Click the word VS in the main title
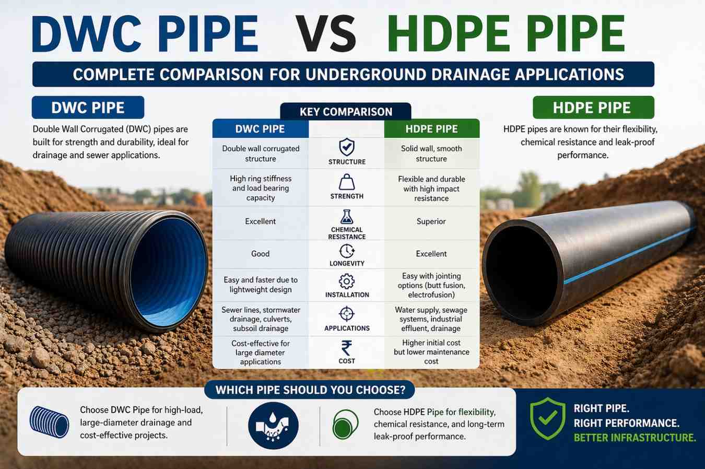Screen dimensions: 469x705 pyautogui.click(x=326, y=34)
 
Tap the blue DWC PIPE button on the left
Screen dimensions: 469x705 pyautogui.click(x=88, y=108)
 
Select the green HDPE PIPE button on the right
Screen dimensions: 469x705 pyautogui.click(x=593, y=108)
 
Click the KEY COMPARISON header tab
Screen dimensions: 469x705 pyautogui.click(x=346, y=112)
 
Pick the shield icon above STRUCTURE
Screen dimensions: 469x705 pyautogui.click(x=347, y=147)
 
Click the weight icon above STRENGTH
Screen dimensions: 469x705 pyautogui.click(x=347, y=182)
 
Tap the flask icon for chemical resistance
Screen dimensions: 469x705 pyautogui.click(x=347, y=217)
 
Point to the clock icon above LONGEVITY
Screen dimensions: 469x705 pyautogui.click(x=347, y=251)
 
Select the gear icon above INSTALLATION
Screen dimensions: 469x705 pyautogui.click(x=347, y=282)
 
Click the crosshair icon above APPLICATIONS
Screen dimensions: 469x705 pyautogui.click(x=347, y=314)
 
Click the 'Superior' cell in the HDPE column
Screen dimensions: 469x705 pyautogui.click(x=431, y=221)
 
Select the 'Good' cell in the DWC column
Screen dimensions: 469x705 pyautogui.click(x=260, y=254)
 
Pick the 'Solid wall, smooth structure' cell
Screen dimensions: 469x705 pyautogui.click(x=431, y=154)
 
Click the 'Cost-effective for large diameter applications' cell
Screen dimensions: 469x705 pyautogui.click(x=260, y=353)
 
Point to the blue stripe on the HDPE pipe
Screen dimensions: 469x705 pyautogui.click(x=627, y=256)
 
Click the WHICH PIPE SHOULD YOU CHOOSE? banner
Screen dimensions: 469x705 pyautogui.click(x=310, y=390)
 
